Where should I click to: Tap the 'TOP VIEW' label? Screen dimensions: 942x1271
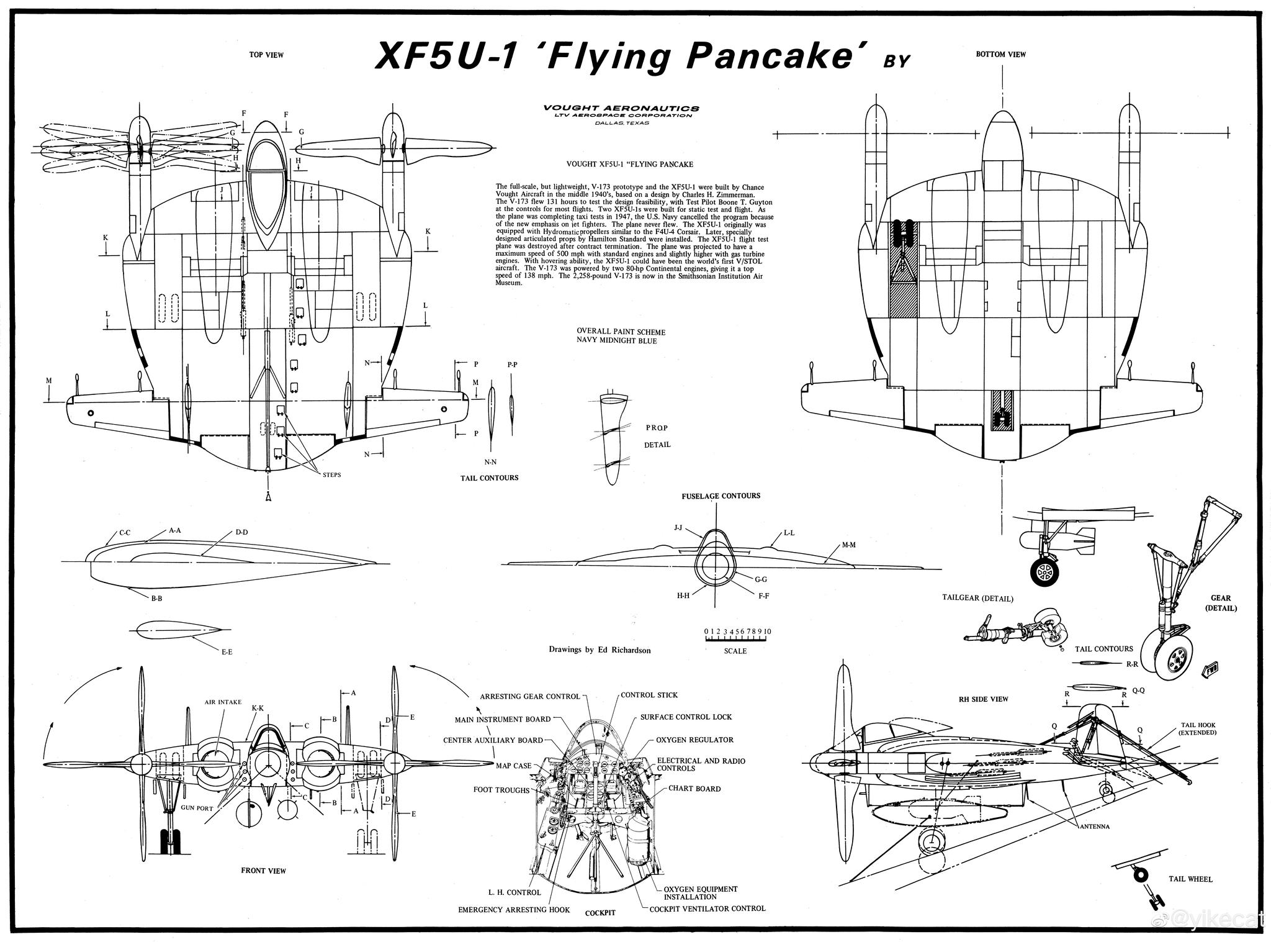tap(266, 55)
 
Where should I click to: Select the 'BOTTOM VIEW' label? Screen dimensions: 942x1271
tap(1000, 55)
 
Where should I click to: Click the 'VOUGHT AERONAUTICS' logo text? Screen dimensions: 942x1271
tap(621, 108)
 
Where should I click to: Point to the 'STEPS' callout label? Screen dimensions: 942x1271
tap(331, 475)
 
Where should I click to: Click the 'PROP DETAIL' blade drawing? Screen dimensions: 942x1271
tap(612, 438)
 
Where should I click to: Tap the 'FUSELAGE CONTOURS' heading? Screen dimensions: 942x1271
tap(721, 496)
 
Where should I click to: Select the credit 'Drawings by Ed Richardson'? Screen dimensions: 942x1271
tap(600, 650)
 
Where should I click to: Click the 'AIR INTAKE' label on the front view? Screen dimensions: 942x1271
tap(223, 702)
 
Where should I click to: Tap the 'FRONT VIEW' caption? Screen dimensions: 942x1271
tap(263, 871)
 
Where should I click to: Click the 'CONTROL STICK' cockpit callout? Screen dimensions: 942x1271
tap(649, 695)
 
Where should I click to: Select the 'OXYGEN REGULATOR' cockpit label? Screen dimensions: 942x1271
tap(694, 740)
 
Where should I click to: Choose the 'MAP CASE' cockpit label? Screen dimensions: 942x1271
tap(513, 766)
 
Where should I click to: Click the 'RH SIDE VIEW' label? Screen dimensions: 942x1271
tap(983, 699)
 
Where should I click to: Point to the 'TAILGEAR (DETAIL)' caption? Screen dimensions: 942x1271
tap(977, 599)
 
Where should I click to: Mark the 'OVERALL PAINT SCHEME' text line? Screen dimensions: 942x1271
tap(621, 332)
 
